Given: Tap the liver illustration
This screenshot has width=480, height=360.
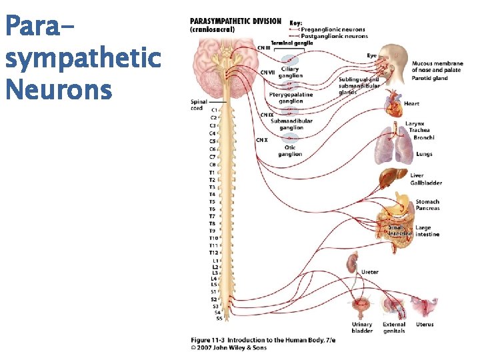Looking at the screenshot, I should tap(391, 178).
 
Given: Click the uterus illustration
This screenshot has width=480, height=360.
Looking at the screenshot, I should tap(423, 307).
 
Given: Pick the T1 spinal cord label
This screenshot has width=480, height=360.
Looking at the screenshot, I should tap(212, 173).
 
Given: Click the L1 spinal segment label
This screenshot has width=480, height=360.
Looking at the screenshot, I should tap(215, 261).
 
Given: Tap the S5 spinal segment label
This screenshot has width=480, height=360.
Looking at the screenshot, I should tap(219, 319).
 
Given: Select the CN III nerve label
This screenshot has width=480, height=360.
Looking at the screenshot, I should tap(264, 48).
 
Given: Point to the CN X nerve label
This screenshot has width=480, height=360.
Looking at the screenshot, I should tap(262, 140).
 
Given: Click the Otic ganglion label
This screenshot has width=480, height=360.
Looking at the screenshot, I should tap(290, 151).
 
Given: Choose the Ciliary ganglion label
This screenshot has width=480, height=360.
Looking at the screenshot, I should tap(290, 72).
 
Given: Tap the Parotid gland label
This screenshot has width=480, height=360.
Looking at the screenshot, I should tap(430, 79).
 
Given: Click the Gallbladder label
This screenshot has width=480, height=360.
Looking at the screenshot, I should tap(426, 183).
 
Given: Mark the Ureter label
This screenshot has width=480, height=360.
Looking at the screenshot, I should tap(370, 272).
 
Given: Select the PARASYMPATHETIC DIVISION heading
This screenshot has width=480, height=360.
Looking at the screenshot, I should tap(235, 21).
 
